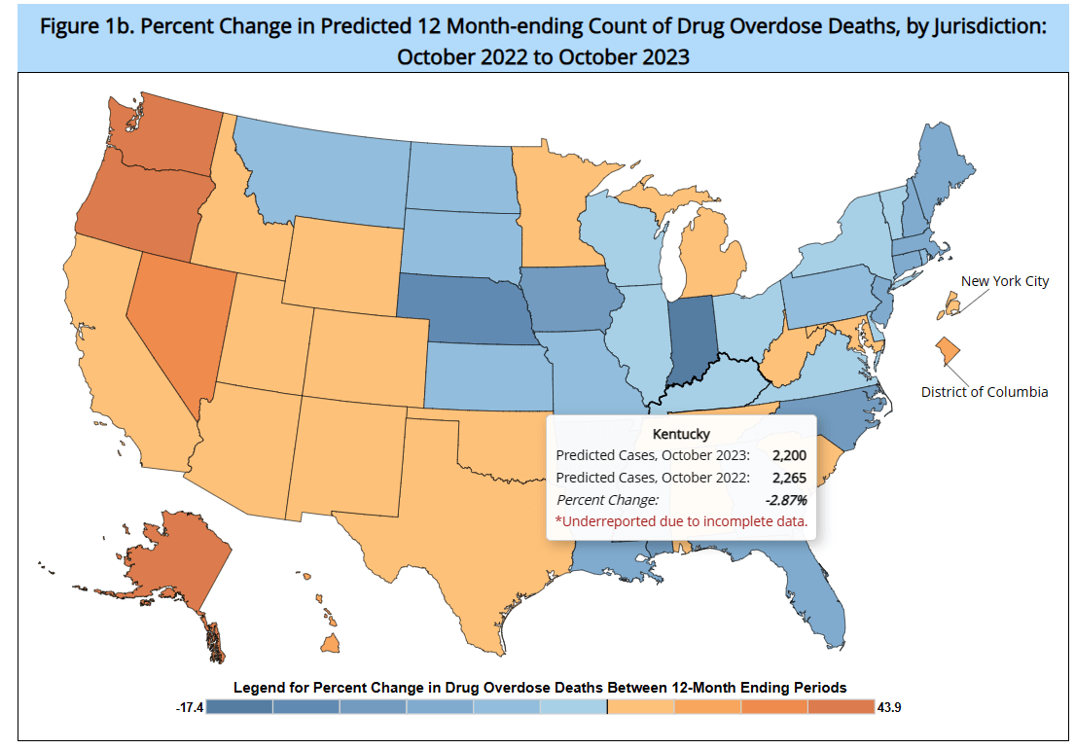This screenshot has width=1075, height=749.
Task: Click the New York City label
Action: click(x=1005, y=281)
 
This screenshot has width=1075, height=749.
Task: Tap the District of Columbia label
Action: click(x=985, y=392)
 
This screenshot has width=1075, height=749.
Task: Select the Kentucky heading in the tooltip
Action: click(x=681, y=434)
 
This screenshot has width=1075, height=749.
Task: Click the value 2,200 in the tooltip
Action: click(x=789, y=455)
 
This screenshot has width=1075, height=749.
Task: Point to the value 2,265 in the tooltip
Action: click(x=789, y=478)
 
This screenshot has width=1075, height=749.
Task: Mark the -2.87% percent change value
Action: click(x=785, y=500)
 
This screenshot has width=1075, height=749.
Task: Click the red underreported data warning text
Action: click(x=681, y=521)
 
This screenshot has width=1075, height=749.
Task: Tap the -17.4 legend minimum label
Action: click(x=189, y=707)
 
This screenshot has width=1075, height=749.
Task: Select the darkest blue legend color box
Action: click(x=239, y=707)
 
